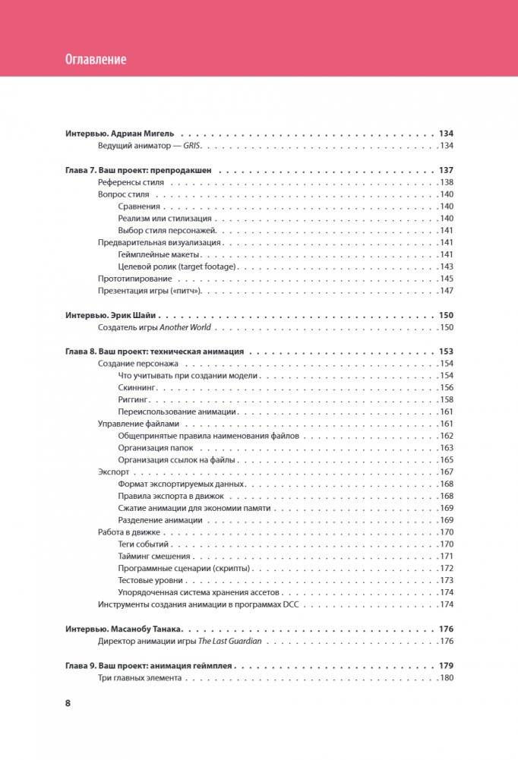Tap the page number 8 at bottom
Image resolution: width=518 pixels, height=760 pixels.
[x=68, y=702]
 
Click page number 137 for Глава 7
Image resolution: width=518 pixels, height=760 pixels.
[x=445, y=170]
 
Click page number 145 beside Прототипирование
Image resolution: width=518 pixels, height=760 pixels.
[x=446, y=279]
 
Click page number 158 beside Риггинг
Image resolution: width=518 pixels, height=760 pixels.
[x=446, y=399]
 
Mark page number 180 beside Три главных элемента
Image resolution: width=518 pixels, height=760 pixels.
[x=446, y=678]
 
